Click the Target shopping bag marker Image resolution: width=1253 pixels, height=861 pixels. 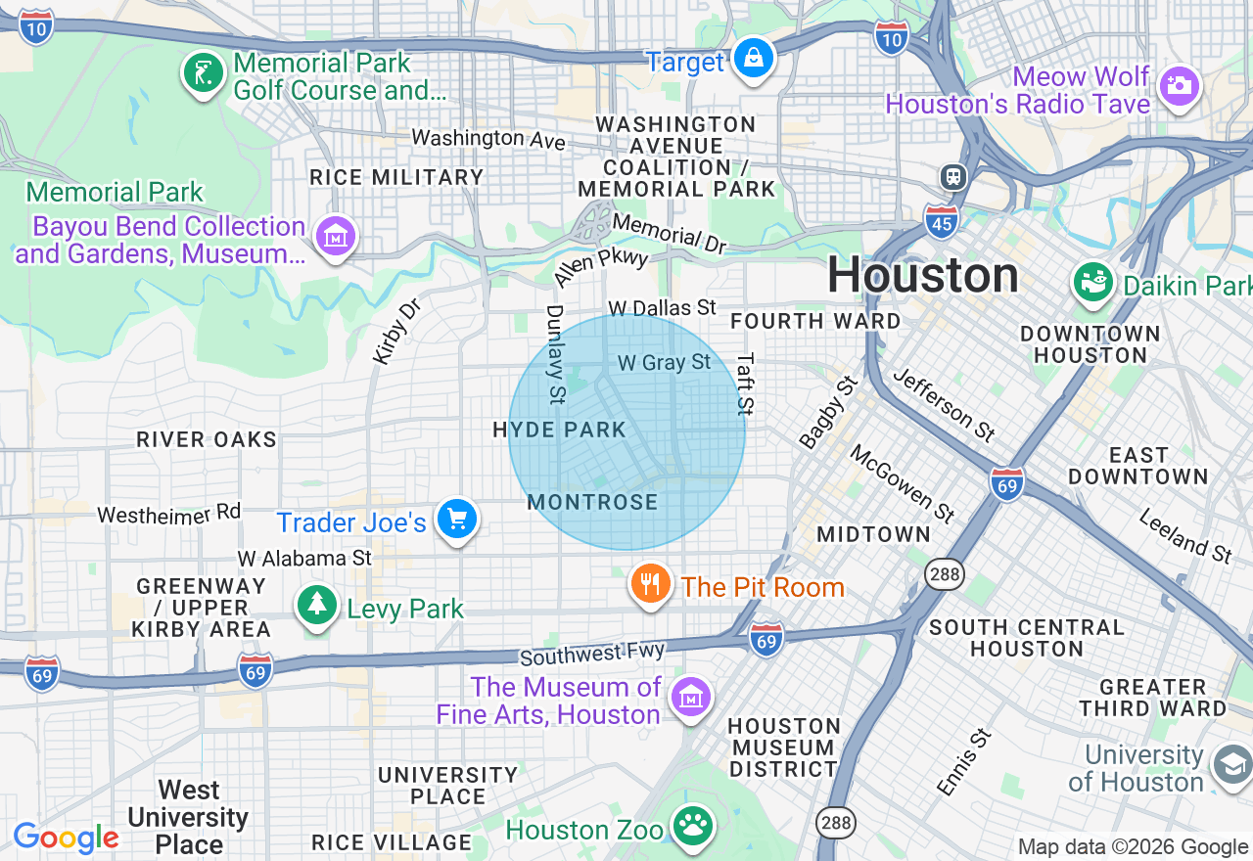(755, 60)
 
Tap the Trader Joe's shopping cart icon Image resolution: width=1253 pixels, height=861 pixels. (456, 520)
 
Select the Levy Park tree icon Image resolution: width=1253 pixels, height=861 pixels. (317, 606)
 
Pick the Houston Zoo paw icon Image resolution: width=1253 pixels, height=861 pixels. (694, 827)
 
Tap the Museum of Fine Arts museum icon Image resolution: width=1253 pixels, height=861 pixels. (691, 698)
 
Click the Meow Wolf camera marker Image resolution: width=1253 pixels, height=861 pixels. (1180, 86)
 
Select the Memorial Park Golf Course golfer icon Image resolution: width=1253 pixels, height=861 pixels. (203, 72)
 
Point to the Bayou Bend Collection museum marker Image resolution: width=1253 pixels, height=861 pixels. (336, 236)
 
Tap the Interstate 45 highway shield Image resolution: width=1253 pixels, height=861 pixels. (940, 222)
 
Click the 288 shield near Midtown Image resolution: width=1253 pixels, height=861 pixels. (947, 574)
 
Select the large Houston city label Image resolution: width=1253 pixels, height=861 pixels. (923, 275)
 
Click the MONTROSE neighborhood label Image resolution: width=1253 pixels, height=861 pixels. (592, 502)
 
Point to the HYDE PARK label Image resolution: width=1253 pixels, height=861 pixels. (559, 430)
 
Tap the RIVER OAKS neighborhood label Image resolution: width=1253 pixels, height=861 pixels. (207, 439)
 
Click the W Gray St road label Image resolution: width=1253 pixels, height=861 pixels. (664, 362)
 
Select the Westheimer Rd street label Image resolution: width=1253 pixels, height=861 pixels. (168, 514)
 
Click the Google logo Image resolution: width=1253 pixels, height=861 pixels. (66, 838)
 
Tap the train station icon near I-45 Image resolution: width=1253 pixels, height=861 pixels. (952, 177)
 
